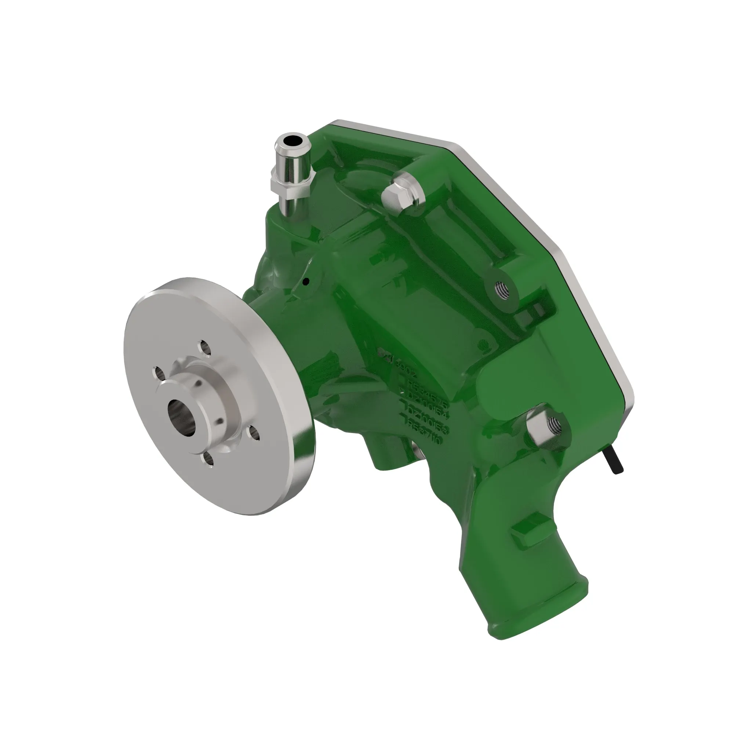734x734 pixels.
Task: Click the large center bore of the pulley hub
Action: pyautogui.click(x=181, y=417)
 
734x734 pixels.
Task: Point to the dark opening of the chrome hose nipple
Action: pyautogui.click(x=292, y=141)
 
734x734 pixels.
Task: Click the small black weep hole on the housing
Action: pyautogui.click(x=306, y=282)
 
